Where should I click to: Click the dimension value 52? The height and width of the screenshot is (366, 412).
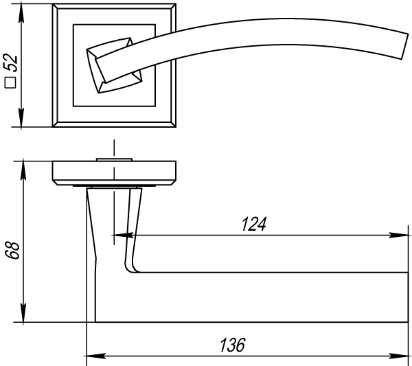10,62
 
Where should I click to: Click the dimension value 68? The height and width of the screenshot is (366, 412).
12,250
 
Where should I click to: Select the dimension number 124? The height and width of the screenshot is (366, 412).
254,224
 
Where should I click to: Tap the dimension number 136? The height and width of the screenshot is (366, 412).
233,345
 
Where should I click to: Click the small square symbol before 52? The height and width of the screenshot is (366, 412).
10,82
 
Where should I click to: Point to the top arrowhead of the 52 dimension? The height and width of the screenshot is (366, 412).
21,14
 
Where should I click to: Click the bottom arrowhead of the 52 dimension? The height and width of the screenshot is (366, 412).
21,117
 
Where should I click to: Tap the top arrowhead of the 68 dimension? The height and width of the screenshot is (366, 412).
23,170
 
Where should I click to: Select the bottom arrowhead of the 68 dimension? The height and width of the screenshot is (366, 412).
23,312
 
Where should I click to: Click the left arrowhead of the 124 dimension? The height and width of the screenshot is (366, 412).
122,235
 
